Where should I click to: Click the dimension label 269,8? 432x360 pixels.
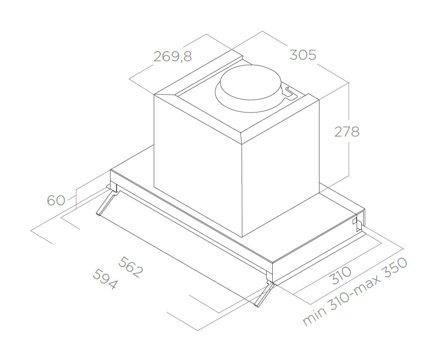pyautogui.click(x=172, y=56)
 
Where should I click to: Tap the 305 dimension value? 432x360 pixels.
pyautogui.click(x=303, y=55)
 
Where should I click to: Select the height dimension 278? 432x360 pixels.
pyautogui.click(x=347, y=132)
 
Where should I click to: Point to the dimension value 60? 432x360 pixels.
pyautogui.click(x=56, y=200)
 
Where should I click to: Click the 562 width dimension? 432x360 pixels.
pyautogui.click(x=131, y=267)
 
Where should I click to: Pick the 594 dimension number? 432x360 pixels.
pyautogui.click(x=105, y=279)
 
